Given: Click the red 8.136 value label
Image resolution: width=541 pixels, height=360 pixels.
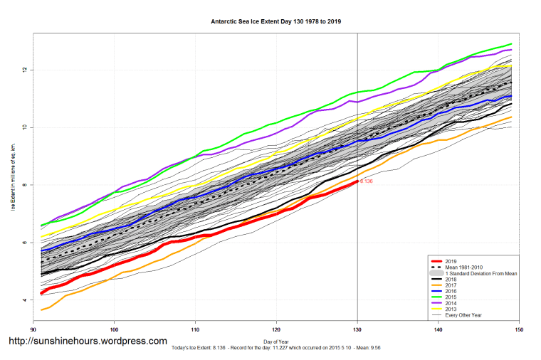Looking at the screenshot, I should coord(366,181).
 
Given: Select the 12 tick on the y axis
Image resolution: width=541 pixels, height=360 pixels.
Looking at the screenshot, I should coord(24,70).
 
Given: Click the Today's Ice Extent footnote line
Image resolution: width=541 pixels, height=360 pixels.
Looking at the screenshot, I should coord(276,349).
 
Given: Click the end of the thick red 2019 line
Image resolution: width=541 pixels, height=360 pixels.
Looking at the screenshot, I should coord(357,181).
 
